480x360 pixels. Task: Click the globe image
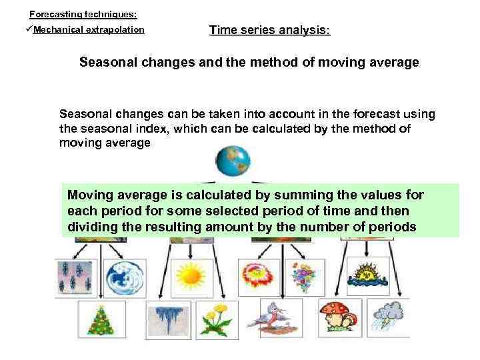(x=232, y=161)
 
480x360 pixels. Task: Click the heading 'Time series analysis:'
(x=269, y=30)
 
